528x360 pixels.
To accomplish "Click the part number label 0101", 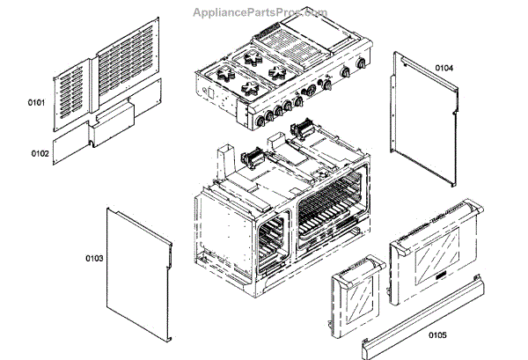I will point(36,104).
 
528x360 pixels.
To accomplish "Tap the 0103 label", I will point(94,258).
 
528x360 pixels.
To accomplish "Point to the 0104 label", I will point(444,67).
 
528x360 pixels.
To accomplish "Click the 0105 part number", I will point(437,334).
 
